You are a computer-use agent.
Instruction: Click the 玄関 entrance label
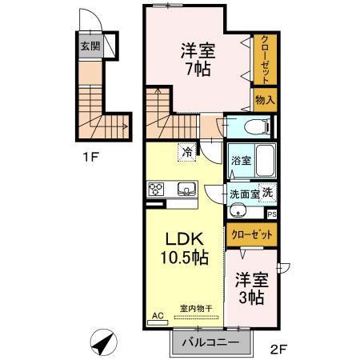click(x=90, y=45)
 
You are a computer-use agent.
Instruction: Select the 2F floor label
click(x=276, y=348)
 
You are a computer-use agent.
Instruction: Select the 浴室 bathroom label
click(x=240, y=160)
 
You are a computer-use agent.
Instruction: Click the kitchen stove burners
click(x=156, y=190)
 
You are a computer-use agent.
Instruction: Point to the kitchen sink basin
click(x=186, y=190)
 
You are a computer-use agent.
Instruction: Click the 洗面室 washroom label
click(x=243, y=194)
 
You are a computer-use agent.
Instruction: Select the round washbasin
click(x=238, y=211)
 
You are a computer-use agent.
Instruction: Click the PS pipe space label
click(x=272, y=214)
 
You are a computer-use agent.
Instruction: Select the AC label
click(x=158, y=317)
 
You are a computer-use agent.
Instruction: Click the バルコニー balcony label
click(x=210, y=342)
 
